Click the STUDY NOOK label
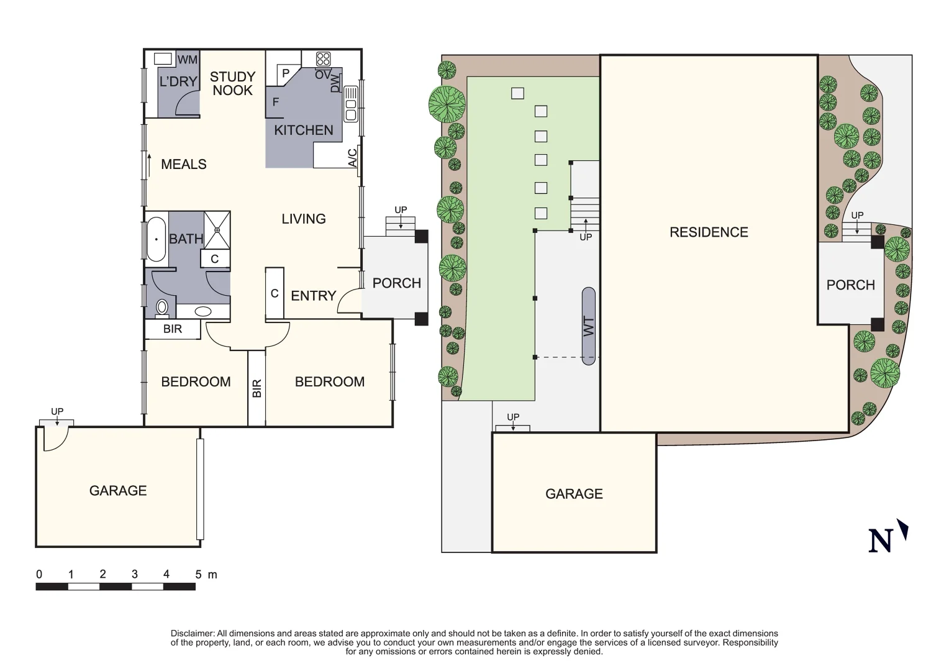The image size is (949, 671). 232,83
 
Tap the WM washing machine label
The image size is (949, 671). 188,60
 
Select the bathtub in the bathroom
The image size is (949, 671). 156,239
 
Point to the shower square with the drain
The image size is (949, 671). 217,230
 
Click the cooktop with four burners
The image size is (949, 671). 323,59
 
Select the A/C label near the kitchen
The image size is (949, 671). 352,158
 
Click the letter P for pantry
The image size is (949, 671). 286,73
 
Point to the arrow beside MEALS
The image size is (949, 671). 149,165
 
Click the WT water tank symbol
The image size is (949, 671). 589,326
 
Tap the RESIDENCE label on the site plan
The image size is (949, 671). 709,232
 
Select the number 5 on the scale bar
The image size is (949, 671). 198,575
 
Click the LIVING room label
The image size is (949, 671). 303,219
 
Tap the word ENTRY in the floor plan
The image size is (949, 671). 313,296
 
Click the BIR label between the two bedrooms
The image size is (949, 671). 257,388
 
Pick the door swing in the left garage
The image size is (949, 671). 53,439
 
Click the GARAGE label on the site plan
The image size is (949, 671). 574,494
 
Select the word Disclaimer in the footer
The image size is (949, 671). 193,633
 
